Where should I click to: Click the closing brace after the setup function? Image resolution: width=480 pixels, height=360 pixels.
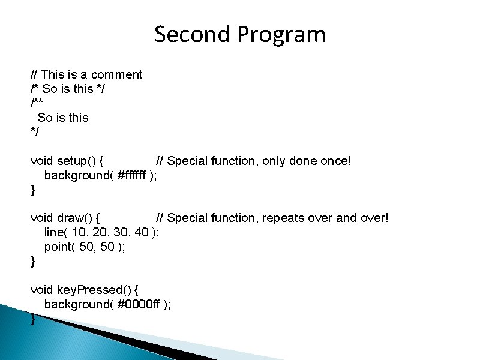[32, 190]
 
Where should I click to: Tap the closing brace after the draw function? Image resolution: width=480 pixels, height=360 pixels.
[32, 261]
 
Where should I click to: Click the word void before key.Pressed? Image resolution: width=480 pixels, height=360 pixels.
[42, 290]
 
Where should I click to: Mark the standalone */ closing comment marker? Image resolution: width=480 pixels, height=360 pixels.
[34, 132]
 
